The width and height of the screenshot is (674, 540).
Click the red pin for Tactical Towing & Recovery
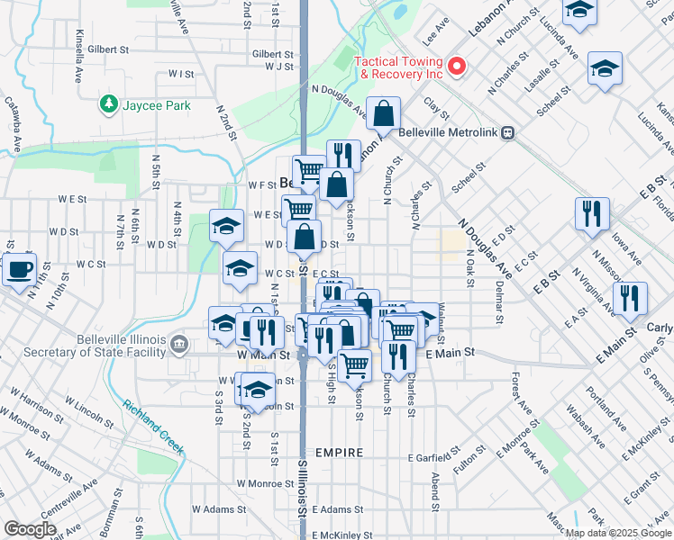click(x=456, y=65)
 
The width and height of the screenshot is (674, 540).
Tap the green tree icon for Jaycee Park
click(x=110, y=105)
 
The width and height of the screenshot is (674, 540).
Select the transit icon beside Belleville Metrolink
click(x=508, y=132)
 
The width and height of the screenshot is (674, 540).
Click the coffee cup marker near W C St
click(x=18, y=269)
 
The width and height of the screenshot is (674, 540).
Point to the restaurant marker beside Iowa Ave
click(x=591, y=214)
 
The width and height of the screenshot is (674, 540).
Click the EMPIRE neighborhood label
click(x=340, y=453)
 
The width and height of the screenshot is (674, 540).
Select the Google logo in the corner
click(x=30, y=528)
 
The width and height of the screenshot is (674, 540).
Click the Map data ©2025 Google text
click(x=618, y=533)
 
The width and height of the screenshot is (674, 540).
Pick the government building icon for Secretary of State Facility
click(x=179, y=342)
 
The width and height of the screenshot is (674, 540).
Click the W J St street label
click(x=280, y=67)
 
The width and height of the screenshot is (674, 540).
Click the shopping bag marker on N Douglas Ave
click(x=384, y=115)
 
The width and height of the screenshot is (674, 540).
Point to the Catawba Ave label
click(x=14, y=123)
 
